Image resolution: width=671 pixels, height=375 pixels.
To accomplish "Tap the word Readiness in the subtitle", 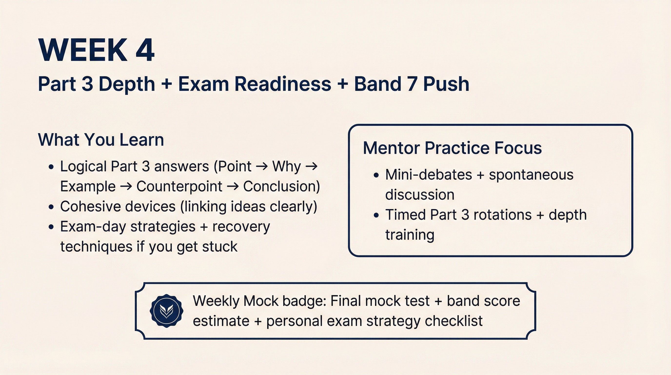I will point(283,84).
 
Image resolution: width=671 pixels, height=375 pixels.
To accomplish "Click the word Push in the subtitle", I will point(446,84).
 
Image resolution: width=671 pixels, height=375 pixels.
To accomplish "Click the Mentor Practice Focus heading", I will point(452,148).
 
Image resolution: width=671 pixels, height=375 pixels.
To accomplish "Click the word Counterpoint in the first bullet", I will point(179,187).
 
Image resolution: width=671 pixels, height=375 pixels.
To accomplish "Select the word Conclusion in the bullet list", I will point(281,187).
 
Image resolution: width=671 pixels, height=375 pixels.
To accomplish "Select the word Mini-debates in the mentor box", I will point(428,175).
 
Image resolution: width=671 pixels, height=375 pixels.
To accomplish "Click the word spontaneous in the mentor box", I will point(531,175).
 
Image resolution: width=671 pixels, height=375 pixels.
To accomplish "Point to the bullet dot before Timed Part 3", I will point(376,215).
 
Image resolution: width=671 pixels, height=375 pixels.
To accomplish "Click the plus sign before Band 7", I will point(343,84).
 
